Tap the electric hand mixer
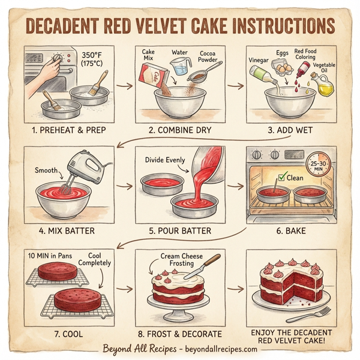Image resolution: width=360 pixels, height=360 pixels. coord(83,165)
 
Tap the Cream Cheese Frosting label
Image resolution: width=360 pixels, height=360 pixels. coord(178,260)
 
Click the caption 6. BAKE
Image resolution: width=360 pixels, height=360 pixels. coord(291,230)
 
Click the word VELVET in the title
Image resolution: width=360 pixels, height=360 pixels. coord(154,28)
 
